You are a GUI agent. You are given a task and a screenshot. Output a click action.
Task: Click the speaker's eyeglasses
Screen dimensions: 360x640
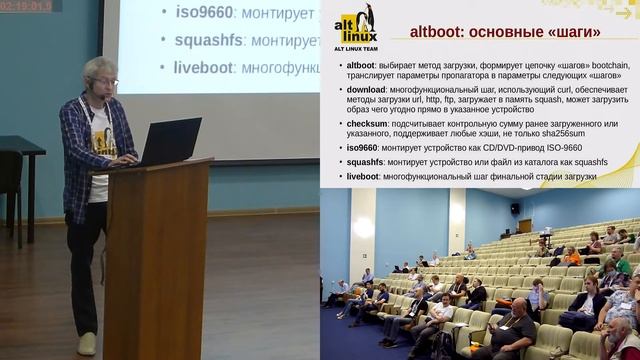click(103, 81)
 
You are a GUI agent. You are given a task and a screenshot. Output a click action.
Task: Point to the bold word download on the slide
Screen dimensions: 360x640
click(366, 89)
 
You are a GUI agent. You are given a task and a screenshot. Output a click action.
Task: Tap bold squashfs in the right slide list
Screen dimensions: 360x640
click(365, 162)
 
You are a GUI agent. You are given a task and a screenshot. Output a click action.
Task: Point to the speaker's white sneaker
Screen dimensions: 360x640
click(87, 343)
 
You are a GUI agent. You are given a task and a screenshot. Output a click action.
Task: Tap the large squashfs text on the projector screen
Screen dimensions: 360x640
click(209, 41)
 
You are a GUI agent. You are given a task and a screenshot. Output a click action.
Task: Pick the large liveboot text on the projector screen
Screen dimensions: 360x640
click(204, 67)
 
